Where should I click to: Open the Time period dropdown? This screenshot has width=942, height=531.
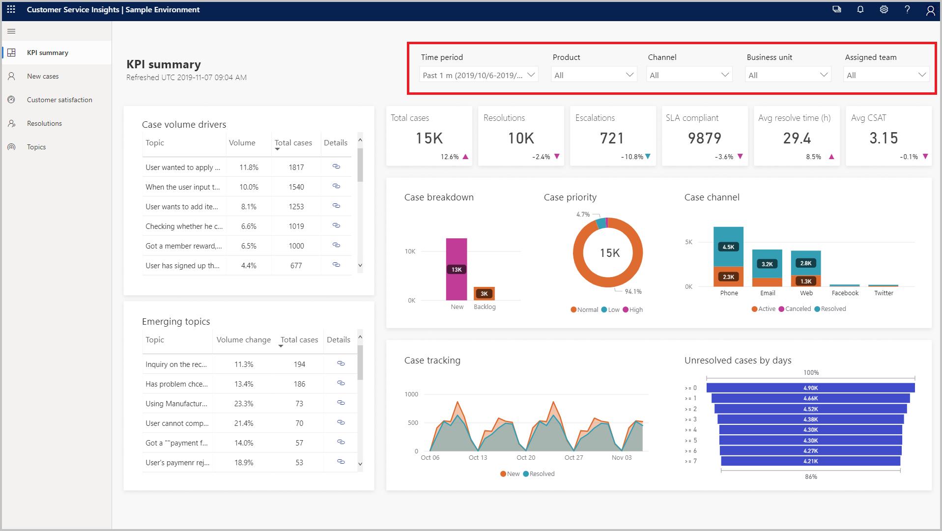[x=479, y=75]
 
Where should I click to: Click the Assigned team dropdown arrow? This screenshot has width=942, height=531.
[x=922, y=75]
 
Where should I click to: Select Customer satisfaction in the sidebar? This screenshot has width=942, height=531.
[x=59, y=100]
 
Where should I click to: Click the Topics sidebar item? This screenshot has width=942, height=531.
[x=36, y=147]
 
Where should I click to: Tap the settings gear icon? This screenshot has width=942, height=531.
[x=884, y=10]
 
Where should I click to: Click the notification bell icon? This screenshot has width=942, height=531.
[x=860, y=10]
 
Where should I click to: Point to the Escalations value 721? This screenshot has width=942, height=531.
[x=612, y=139]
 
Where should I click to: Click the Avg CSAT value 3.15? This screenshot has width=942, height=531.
[x=883, y=139]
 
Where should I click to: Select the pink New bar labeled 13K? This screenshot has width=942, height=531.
[x=457, y=269]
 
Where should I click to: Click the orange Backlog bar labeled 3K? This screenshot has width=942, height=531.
[x=484, y=293]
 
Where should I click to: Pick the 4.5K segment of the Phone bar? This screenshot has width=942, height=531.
[x=728, y=247]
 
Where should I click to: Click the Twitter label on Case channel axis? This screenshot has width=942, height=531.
[x=884, y=293]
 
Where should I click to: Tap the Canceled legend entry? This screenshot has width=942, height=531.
[x=794, y=309]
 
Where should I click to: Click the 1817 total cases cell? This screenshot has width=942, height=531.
[x=296, y=168]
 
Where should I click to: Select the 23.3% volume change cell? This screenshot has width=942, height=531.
[x=244, y=404]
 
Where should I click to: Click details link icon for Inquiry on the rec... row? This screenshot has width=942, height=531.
[x=341, y=363]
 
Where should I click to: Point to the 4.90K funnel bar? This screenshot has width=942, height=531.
[x=810, y=388]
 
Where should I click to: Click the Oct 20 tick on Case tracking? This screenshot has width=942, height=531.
[x=526, y=457]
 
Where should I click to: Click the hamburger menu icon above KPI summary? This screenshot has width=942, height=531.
[x=12, y=31]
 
